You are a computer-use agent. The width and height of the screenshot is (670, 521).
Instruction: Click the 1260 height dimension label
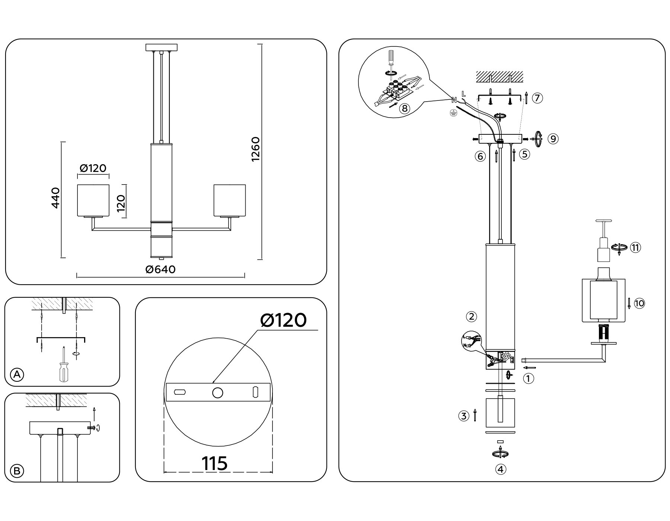pos(255,149)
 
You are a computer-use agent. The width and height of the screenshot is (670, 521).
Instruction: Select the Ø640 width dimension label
pos(160,269)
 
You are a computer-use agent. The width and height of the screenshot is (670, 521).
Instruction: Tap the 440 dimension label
pos(55,198)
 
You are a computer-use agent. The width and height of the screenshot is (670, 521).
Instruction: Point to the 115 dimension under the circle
pos(214,464)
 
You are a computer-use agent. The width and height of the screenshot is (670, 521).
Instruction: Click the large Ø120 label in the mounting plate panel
pos(284,320)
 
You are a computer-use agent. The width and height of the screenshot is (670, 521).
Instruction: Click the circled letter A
pos(16,374)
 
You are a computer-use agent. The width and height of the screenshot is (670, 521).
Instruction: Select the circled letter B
pos(16,471)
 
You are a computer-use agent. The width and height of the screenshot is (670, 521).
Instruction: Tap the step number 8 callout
pos(404,109)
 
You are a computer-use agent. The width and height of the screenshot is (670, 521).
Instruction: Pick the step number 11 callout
pos(635,247)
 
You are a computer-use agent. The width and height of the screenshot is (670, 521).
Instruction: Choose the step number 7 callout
pos(537,98)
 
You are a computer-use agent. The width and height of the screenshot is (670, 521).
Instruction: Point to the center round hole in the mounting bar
pos(217,393)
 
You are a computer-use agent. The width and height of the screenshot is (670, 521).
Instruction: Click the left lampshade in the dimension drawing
pos(93,200)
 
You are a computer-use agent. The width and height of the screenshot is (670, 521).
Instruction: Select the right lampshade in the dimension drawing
pos(229,200)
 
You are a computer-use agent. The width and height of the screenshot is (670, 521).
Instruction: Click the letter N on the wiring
pos(454,100)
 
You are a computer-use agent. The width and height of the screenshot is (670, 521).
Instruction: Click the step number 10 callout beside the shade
pos(639,303)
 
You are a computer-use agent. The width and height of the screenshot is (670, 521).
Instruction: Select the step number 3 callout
pos(463,416)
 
